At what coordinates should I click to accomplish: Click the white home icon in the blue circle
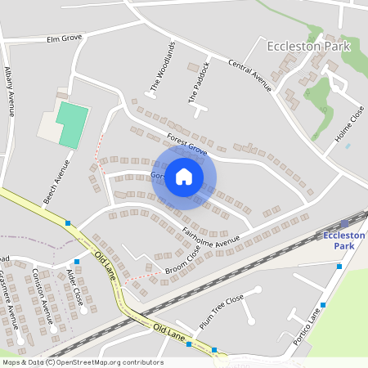tap(184, 177)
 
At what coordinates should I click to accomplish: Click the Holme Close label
tap(351, 123)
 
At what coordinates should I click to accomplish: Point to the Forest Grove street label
tap(186, 144)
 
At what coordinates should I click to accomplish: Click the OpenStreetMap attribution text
tap(83, 362)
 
